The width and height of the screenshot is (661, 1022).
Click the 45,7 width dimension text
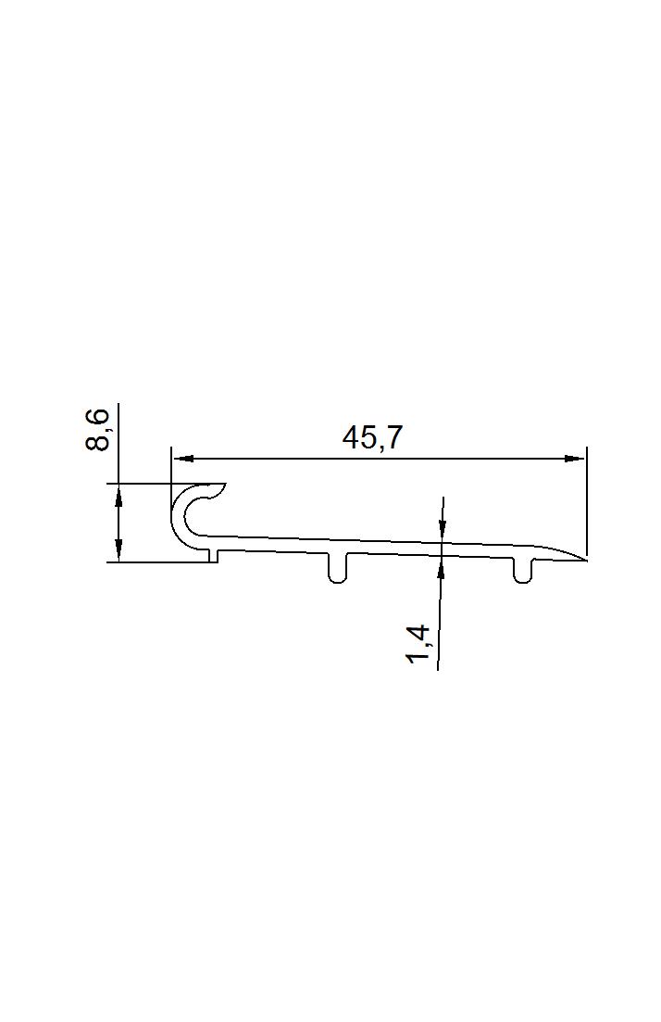[373, 437]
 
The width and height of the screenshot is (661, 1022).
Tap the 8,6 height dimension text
[97, 430]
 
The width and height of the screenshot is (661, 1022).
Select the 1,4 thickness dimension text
[418, 645]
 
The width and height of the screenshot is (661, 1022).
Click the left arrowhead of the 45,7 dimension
[182, 459]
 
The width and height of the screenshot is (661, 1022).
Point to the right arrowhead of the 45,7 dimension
[574, 459]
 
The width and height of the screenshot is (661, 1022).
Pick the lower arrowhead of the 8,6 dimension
[118, 550]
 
